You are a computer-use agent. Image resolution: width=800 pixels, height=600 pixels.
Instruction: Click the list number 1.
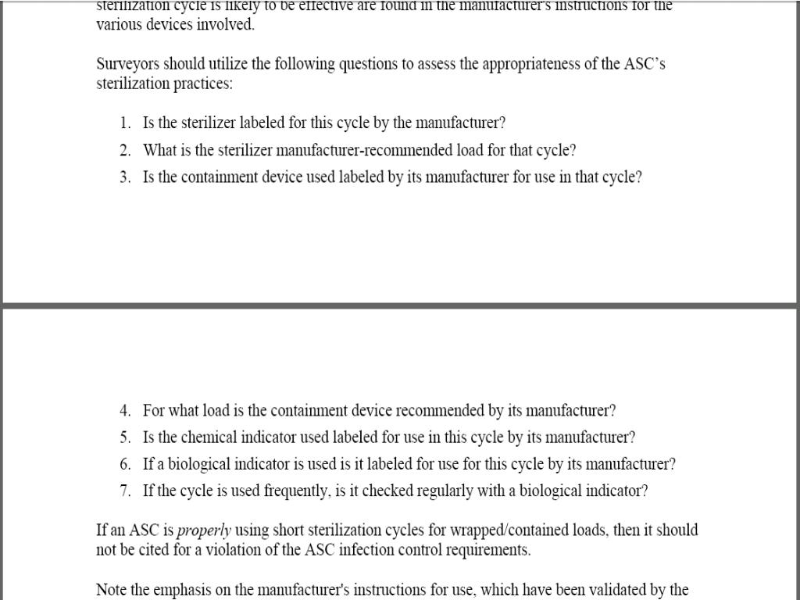click(x=124, y=123)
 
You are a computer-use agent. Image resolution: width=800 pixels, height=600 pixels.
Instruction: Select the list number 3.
click(x=124, y=177)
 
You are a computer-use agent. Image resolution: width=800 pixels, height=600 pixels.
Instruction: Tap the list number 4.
click(x=124, y=411)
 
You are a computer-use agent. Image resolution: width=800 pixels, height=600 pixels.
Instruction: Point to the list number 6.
click(x=124, y=464)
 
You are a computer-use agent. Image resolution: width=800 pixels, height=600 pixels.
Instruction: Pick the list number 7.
click(x=124, y=491)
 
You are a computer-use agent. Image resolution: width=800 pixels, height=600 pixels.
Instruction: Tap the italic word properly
click(x=204, y=530)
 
